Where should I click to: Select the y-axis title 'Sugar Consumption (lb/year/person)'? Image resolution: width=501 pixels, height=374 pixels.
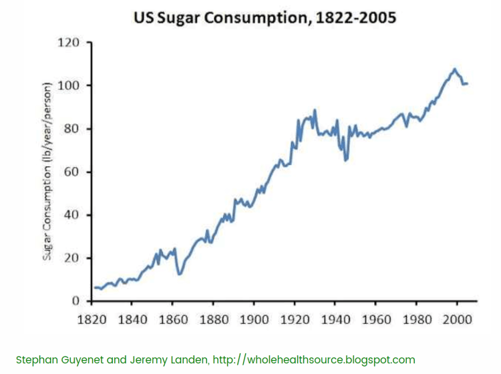pos(47,172)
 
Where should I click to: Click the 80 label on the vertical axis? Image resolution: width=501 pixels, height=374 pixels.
pos(70,129)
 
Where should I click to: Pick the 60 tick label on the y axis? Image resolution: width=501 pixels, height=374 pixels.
pos(70,172)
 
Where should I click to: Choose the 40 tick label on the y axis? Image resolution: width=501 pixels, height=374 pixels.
pos(70,215)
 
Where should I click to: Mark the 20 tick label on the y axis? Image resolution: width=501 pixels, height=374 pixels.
pos(70,258)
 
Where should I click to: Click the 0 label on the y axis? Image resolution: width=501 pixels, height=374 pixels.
pos(75,301)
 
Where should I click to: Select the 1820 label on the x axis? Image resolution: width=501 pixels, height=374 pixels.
pos(92,319)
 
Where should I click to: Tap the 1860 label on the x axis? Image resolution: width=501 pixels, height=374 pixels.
pos(172,319)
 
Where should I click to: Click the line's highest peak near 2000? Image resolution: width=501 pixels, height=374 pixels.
pos(454,69)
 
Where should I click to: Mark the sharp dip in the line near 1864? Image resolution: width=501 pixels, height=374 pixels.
pos(179,274)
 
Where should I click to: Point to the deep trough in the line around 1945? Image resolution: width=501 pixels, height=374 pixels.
pos(346,160)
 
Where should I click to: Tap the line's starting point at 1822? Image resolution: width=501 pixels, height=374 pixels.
pos(95,287)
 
